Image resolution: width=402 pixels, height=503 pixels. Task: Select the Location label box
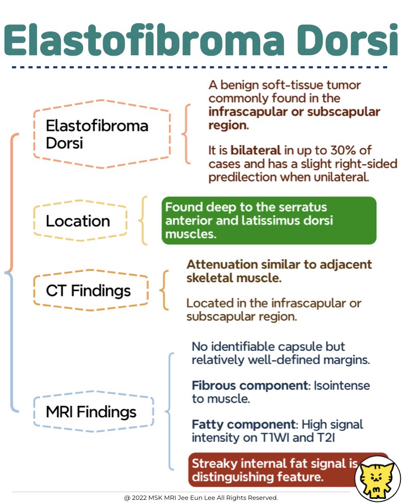click(x=78, y=221)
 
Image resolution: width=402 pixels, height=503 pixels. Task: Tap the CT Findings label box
click(x=88, y=290)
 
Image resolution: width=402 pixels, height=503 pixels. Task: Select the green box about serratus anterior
click(x=269, y=220)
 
